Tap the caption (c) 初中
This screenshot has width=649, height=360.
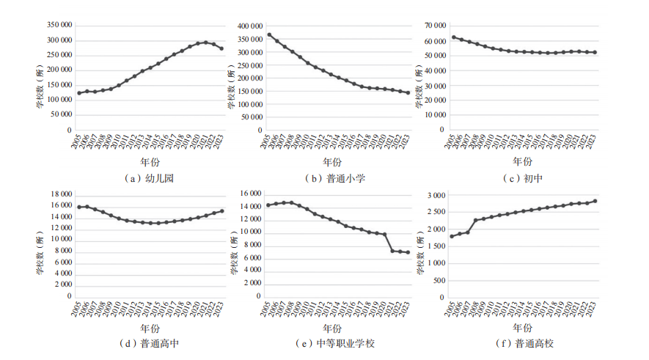click(x=522, y=178)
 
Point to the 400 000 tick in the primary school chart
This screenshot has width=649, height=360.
click(x=247, y=26)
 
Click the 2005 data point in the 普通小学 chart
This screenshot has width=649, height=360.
click(x=269, y=34)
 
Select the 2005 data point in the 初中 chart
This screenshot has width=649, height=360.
click(x=453, y=37)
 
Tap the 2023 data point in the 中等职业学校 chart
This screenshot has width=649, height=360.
click(x=408, y=252)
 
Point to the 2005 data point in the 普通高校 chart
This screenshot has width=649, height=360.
click(x=451, y=236)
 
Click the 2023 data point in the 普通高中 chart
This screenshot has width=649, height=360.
click(x=221, y=211)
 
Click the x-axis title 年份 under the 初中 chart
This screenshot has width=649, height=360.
click(x=522, y=161)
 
